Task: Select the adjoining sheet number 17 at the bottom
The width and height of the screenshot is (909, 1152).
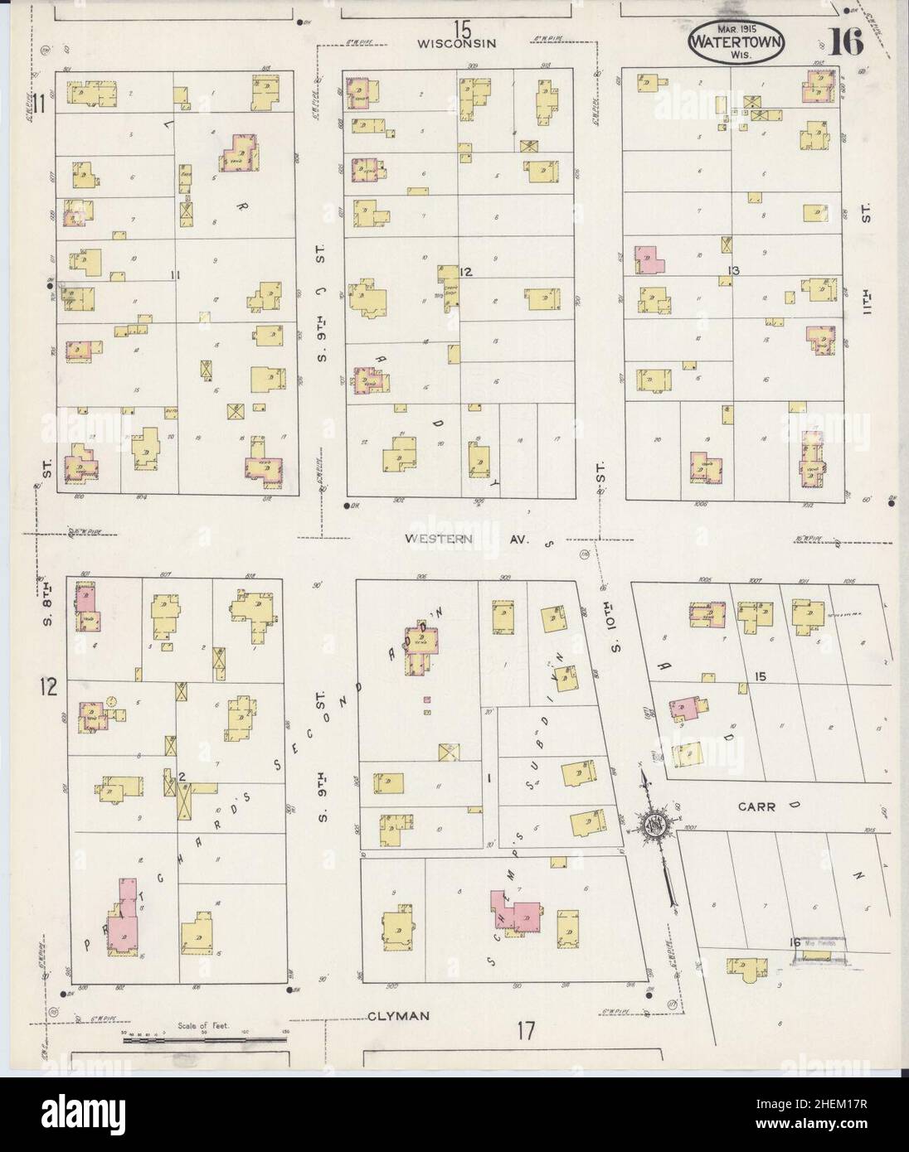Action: tap(525, 1032)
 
